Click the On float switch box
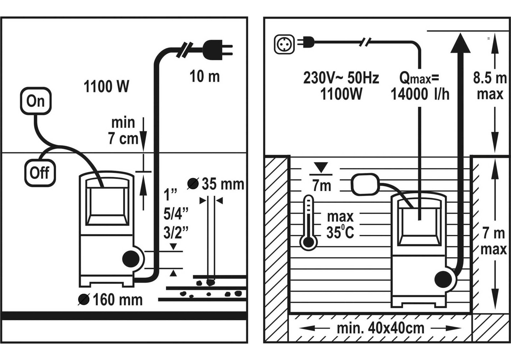click(x=36, y=101)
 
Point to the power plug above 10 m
click(x=217, y=50)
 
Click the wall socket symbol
click(x=284, y=44)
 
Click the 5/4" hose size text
click(x=176, y=214)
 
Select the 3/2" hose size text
click(x=176, y=233)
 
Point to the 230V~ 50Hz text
click(x=341, y=78)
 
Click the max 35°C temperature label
click(x=340, y=225)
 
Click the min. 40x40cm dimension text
click(x=381, y=328)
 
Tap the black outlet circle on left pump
click(x=131, y=259)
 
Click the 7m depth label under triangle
click(x=322, y=186)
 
